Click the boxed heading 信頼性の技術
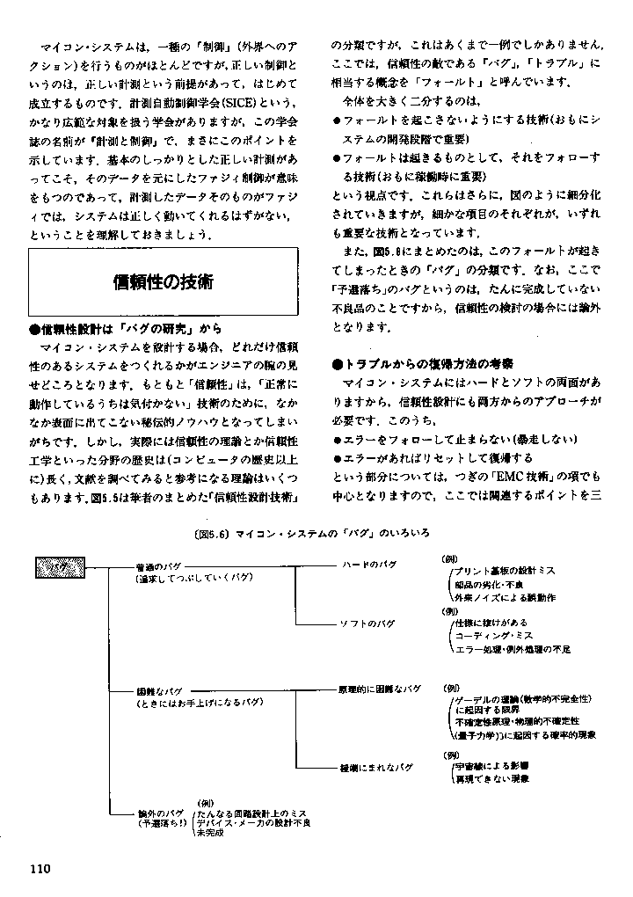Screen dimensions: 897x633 click(164, 282)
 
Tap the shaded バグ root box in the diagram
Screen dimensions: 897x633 click(60, 568)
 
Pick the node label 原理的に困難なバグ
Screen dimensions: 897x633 click(379, 688)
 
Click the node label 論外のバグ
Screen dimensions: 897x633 click(159, 813)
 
